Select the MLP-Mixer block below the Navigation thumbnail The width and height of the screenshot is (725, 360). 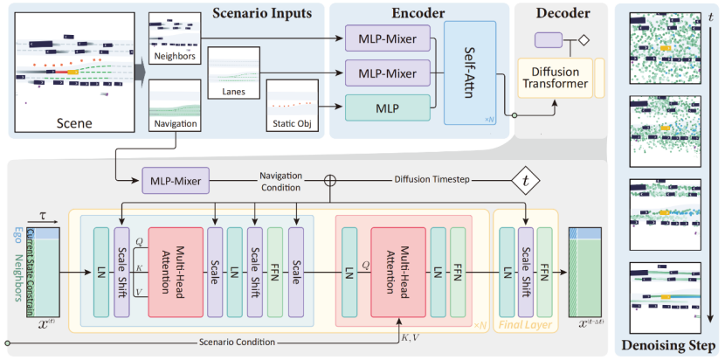coord(172,183)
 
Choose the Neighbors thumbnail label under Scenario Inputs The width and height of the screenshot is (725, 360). coord(174,57)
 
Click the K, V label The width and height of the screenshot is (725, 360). coord(409,334)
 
